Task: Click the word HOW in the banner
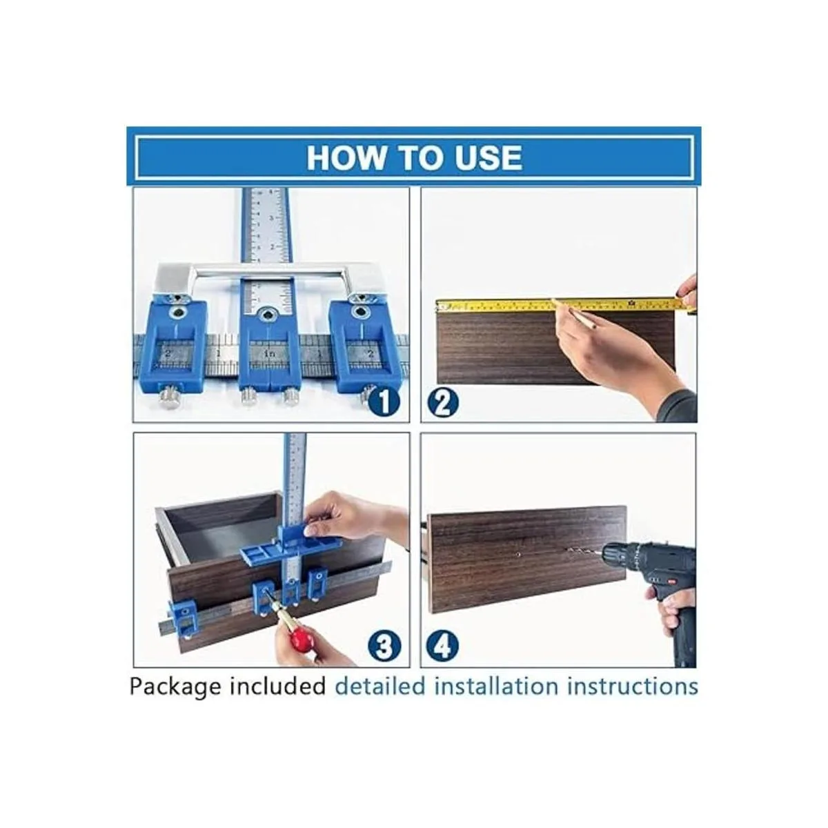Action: tap(346, 158)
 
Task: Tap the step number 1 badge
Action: tap(384, 402)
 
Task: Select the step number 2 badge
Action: tap(443, 402)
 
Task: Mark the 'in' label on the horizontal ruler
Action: tap(269, 354)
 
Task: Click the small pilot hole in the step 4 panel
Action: tap(518, 554)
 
